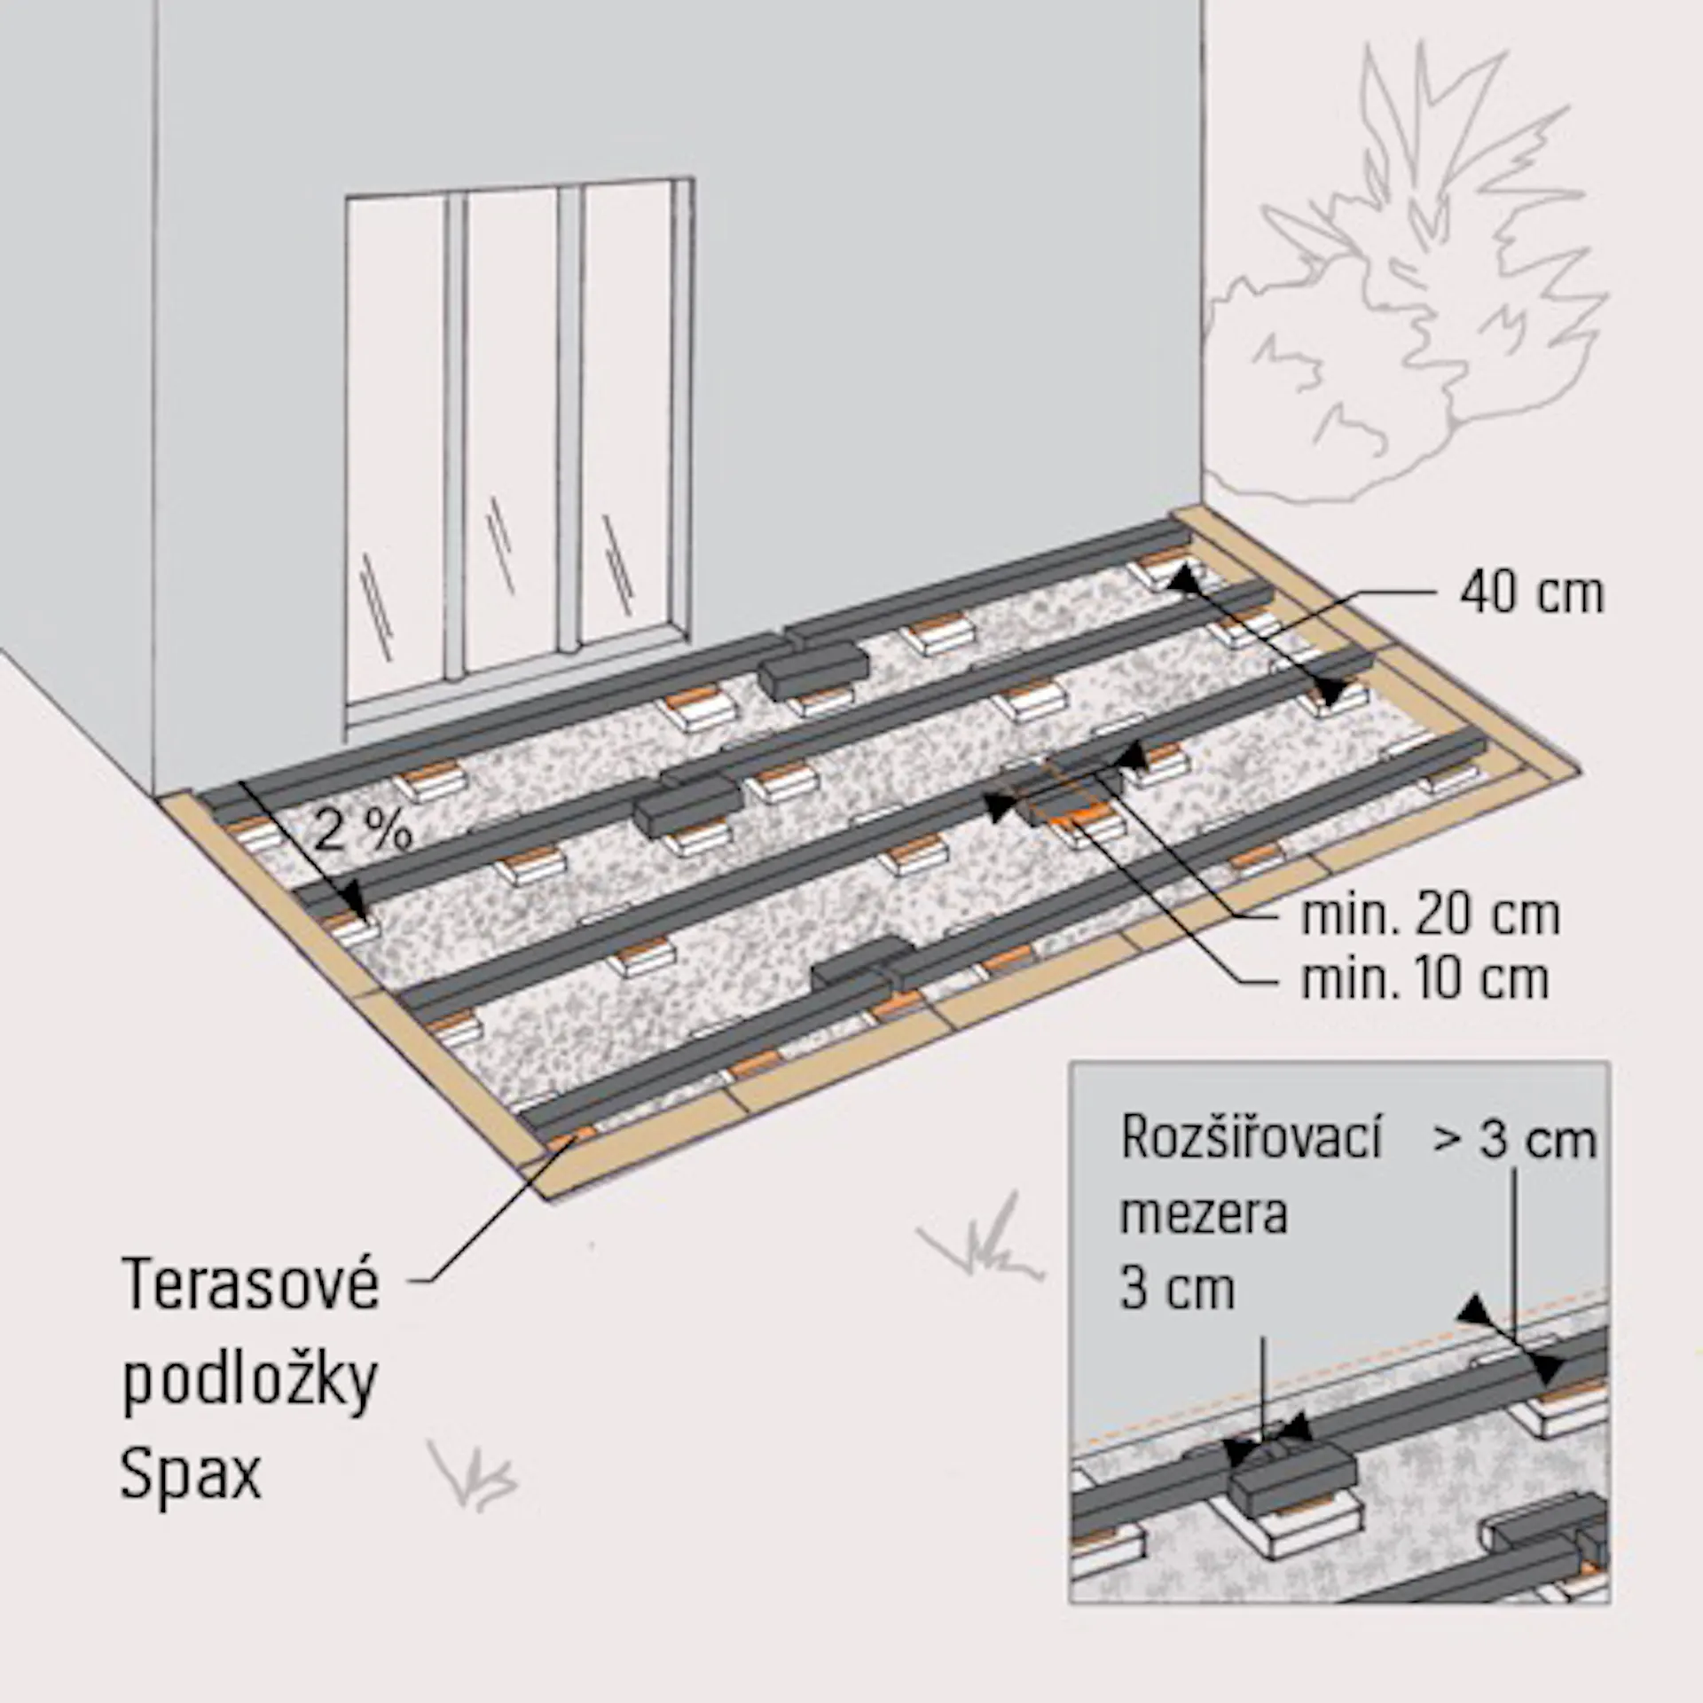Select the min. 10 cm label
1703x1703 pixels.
click(x=1424, y=978)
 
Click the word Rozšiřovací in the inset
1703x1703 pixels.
click(x=1251, y=1136)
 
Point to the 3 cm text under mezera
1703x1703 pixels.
click(x=1177, y=1288)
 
